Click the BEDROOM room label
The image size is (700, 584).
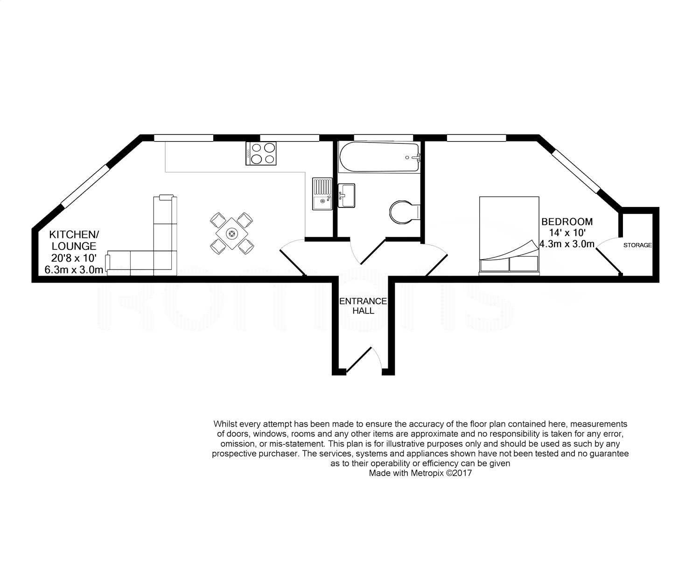coord(567,221)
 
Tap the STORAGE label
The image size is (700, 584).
coord(637,245)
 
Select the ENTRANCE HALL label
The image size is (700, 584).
coord(363,306)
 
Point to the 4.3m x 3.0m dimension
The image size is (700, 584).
coord(567,243)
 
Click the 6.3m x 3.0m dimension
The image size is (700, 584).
coord(73,270)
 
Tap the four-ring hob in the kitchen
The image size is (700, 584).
coord(261,153)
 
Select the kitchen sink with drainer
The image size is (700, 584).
coord(322,194)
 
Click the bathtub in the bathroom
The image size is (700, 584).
coord(379,157)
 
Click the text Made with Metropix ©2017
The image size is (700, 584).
coord(421,473)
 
